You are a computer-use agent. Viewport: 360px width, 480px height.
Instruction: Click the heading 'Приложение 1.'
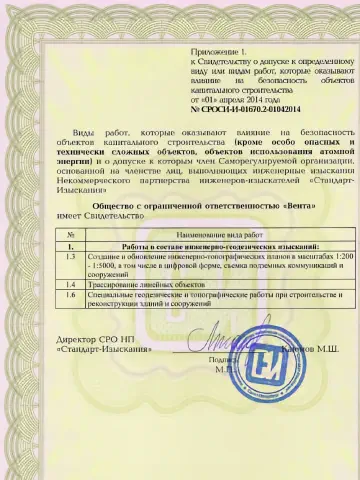(217, 49)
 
